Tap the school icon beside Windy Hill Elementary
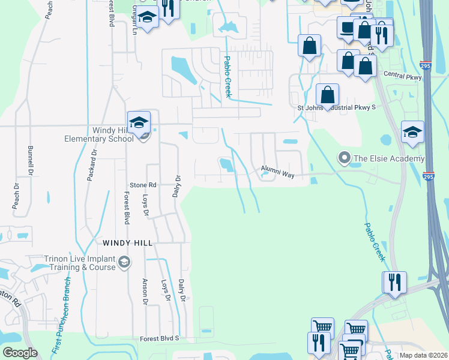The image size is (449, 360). coord(139,122)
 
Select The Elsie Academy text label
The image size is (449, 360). coord(389,159)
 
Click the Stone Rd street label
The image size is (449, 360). coord(143,185)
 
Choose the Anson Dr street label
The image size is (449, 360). coord(145,292)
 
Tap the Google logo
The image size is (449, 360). coord(20,353)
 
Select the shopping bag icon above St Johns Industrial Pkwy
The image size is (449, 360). coord(327,95)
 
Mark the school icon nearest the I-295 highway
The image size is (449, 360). coord(412,132)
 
